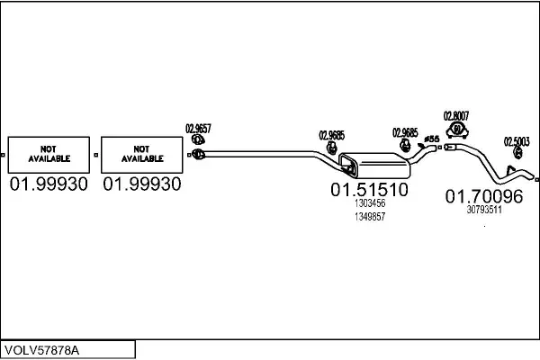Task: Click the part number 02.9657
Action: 198,128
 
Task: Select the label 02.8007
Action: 456,115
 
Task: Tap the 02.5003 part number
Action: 517,141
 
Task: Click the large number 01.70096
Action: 484,195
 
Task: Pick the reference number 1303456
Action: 369,204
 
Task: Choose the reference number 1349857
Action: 369,217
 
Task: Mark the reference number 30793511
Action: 484,209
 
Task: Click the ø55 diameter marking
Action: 431,139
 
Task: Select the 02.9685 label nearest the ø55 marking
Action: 405,132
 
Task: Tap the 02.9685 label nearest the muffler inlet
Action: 331,136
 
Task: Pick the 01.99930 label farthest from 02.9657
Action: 49,184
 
